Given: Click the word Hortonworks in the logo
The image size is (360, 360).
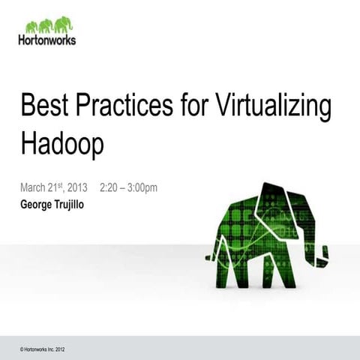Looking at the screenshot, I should [46, 40].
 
